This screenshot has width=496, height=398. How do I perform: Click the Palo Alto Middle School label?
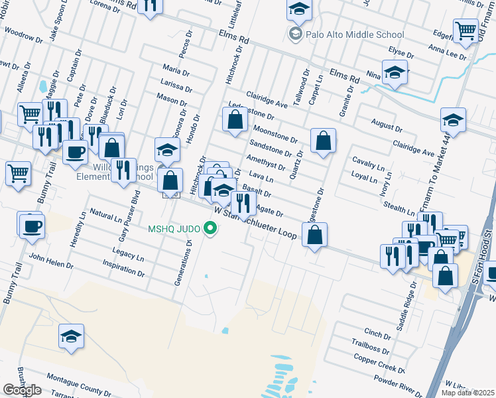pos(355,34)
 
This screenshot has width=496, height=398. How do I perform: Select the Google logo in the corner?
pos(22,390)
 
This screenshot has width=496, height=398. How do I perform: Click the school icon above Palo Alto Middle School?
pos(299,10)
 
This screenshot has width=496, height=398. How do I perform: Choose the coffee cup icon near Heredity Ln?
pos(31,226)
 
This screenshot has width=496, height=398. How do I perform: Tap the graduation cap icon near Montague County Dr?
pos(71,336)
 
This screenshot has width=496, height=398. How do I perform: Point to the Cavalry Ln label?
pos(369,163)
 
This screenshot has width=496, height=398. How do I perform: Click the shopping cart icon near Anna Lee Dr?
pos(465,31)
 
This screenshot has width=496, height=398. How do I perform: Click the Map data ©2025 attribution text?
pos(467,393)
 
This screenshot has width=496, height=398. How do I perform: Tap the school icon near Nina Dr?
pos(395,72)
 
